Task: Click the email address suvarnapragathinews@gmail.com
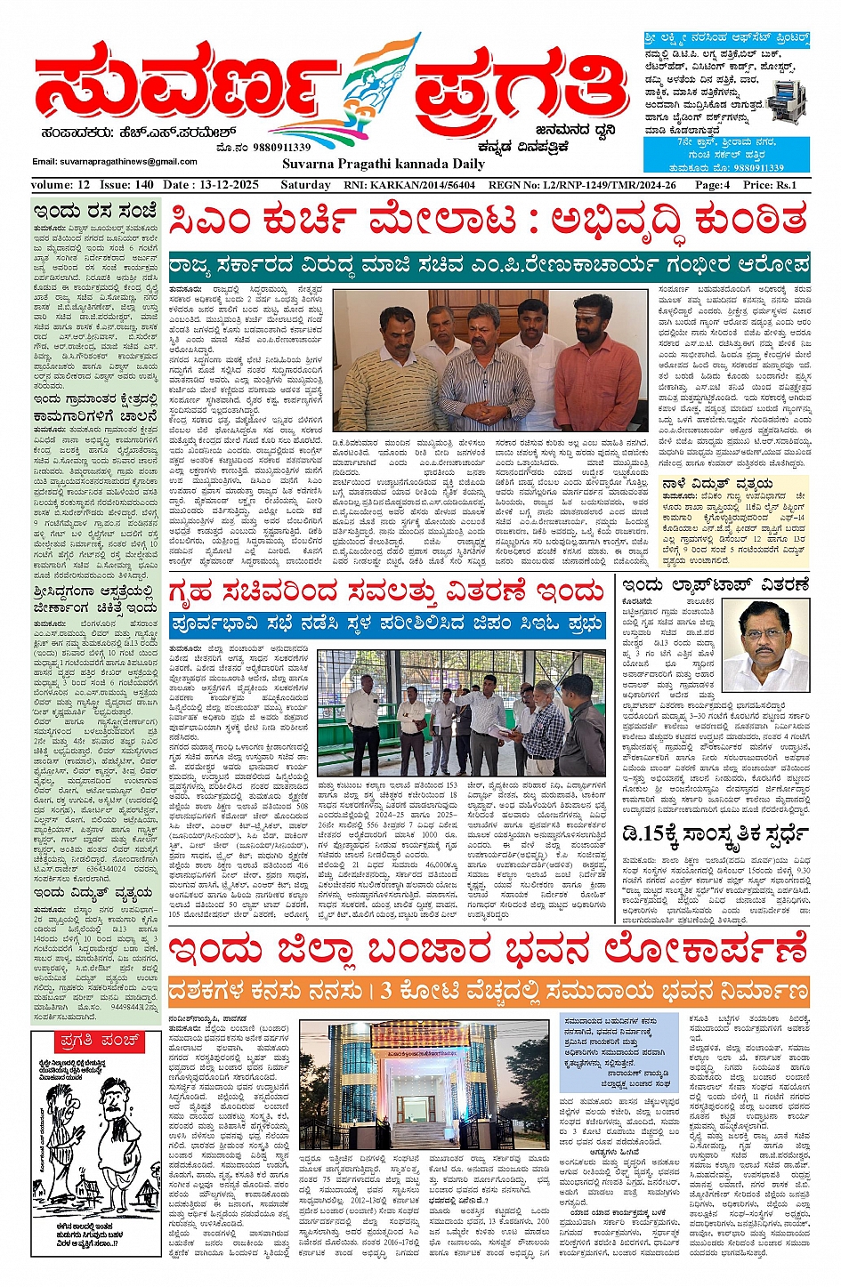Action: (115, 162)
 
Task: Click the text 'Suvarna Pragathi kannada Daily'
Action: (384, 164)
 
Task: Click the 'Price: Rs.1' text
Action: (770, 185)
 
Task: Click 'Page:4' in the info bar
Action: (712, 185)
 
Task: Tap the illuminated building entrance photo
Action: (423, 1085)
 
